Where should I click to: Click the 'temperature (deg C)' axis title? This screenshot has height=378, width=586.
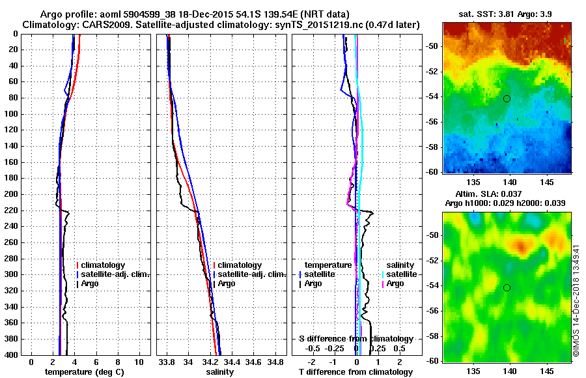click(85, 372)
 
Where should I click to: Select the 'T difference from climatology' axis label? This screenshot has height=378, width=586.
click(356, 372)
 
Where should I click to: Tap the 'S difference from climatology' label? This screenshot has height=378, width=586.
click(356, 339)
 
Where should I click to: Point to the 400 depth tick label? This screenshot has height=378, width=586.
click(12, 355)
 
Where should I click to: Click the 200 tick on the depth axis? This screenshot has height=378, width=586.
click(12, 194)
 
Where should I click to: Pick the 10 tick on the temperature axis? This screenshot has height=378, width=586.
click(139, 362)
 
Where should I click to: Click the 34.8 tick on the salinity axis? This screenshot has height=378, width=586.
click(276, 362)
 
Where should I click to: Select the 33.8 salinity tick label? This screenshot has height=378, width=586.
click(167, 362)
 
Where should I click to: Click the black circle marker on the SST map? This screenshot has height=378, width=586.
click(507, 98)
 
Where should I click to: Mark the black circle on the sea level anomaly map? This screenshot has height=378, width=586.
click(507, 287)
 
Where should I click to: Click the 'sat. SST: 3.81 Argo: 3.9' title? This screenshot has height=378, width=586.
click(506, 12)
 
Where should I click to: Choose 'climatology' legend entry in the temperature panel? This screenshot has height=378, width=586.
click(108, 265)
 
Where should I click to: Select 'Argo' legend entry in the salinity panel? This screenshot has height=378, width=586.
click(227, 283)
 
